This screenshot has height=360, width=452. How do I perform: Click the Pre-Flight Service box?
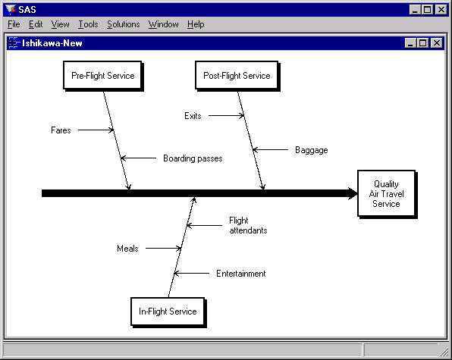coord(102,76)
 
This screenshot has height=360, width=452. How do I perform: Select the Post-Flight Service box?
coord(237,76)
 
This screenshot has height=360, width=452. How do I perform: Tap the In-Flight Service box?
coord(168,311)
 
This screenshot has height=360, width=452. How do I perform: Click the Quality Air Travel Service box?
coord(386,194)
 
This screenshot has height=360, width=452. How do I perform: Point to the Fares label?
coord(61,130)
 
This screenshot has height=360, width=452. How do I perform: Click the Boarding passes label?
coord(193,158)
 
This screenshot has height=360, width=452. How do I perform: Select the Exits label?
coord(193,116)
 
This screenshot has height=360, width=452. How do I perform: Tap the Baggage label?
coord(311,150)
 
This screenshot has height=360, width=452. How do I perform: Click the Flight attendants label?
coord(248,225)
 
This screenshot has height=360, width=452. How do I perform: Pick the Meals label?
coord(127,249)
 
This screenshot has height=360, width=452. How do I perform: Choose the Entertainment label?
coord(240,274)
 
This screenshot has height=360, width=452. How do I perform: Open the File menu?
coord(14,24)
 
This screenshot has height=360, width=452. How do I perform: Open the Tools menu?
coord(88,24)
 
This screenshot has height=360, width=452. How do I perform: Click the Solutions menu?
coord(123,24)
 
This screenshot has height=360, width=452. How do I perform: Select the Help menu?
coord(196,24)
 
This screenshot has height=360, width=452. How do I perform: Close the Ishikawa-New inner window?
coord(436,43)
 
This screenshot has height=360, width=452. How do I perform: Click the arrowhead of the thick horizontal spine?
coord(353,194)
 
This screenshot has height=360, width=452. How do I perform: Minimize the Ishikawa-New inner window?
coord(411,43)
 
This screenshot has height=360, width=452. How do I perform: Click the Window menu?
coord(163,24)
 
